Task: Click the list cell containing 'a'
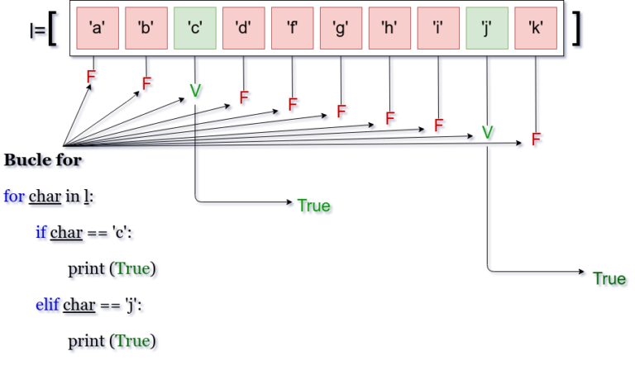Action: point(97,28)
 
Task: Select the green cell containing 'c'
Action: point(195,28)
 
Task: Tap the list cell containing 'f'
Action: point(293,28)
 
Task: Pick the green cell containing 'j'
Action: point(488,28)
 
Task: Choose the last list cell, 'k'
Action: point(536,28)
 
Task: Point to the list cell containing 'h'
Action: point(390,28)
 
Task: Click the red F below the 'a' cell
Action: point(92,77)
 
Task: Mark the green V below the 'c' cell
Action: point(196,91)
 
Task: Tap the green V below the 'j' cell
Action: point(488,132)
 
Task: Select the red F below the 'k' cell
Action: point(537,140)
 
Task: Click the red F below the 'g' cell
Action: point(341,112)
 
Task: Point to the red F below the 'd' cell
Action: point(245,98)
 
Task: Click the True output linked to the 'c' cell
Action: point(314,206)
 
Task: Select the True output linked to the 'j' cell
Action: point(610,279)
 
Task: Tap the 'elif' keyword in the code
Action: point(49,306)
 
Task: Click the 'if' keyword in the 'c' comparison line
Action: point(41,234)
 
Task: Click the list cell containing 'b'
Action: point(146,28)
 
